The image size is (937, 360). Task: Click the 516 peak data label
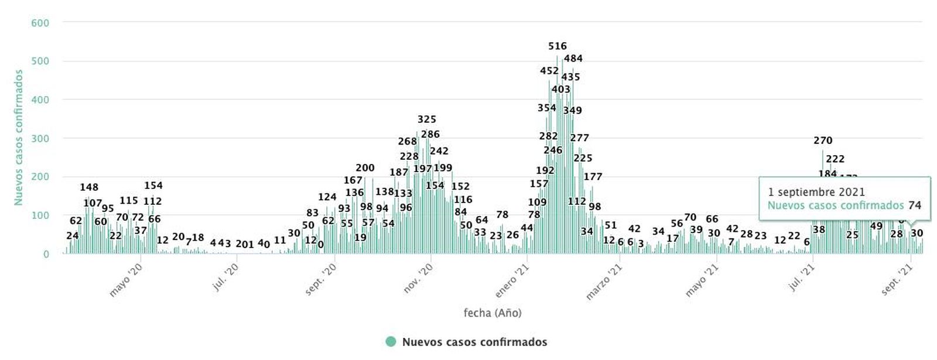click(x=558, y=46)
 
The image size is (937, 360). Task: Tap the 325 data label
click(x=427, y=119)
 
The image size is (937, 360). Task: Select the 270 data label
click(x=823, y=140)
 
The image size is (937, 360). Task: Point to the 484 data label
click(x=573, y=59)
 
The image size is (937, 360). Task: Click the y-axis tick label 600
click(x=40, y=23)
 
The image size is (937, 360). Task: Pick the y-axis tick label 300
click(x=40, y=139)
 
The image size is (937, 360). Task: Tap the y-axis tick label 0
click(x=46, y=255)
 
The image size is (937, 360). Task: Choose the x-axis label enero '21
click(x=512, y=280)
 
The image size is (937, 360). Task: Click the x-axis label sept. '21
click(x=898, y=279)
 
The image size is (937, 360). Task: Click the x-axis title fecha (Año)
click(x=493, y=313)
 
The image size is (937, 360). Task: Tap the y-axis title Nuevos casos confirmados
click(x=19, y=138)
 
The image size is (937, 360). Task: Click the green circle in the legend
click(x=391, y=342)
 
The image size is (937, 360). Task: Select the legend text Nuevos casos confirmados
click(x=474, y=342)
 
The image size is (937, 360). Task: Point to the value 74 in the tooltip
click(x=915, y=205)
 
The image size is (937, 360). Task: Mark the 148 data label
click(x=89, y=187)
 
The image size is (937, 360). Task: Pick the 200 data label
click(x=365, y=168)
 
